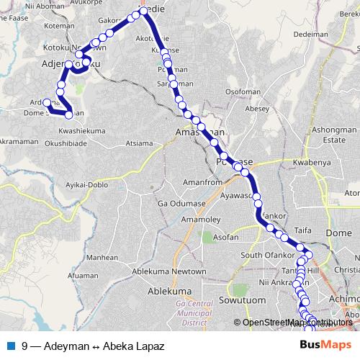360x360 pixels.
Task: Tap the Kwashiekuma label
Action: pyautogui.click(x=82, y=132)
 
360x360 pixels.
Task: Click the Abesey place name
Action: pyautogui.click(x=256, y=109)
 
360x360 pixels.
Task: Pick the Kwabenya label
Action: pyautogui.click(x=310, y=163)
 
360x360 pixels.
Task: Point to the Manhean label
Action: pyautogui.click(x=102, y=257)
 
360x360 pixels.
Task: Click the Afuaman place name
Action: pyautogui.click(x=83, y=276)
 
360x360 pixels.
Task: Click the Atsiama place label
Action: pyautogui.click(x=139, y=143)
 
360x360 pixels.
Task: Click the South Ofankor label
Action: pyautogui.click(x=264, y=255)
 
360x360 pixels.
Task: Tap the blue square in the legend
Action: pyautogui.click(x=10, y=345)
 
